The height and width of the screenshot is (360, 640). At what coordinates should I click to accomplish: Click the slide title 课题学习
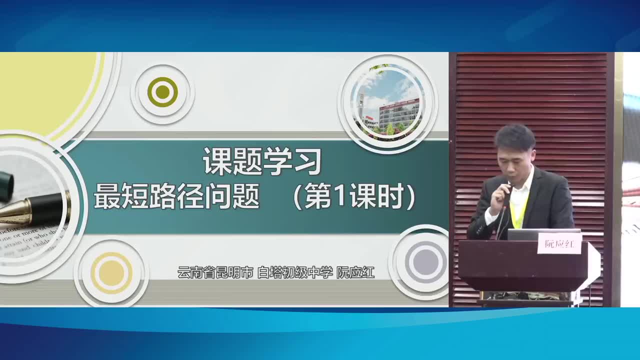[x=261, y=161]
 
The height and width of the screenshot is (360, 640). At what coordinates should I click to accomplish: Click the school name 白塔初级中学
[x=294, y=273]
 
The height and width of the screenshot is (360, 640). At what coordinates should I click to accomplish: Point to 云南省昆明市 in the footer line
[x=215, y=273]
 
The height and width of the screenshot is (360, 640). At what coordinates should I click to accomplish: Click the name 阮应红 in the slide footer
[x=355, y=273]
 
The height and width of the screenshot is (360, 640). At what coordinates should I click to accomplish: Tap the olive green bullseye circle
[x=162, y=92]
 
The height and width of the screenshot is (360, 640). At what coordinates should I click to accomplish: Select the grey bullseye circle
[x=425, y=261]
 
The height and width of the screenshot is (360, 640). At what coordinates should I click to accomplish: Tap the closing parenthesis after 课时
[x=411, y=197]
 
